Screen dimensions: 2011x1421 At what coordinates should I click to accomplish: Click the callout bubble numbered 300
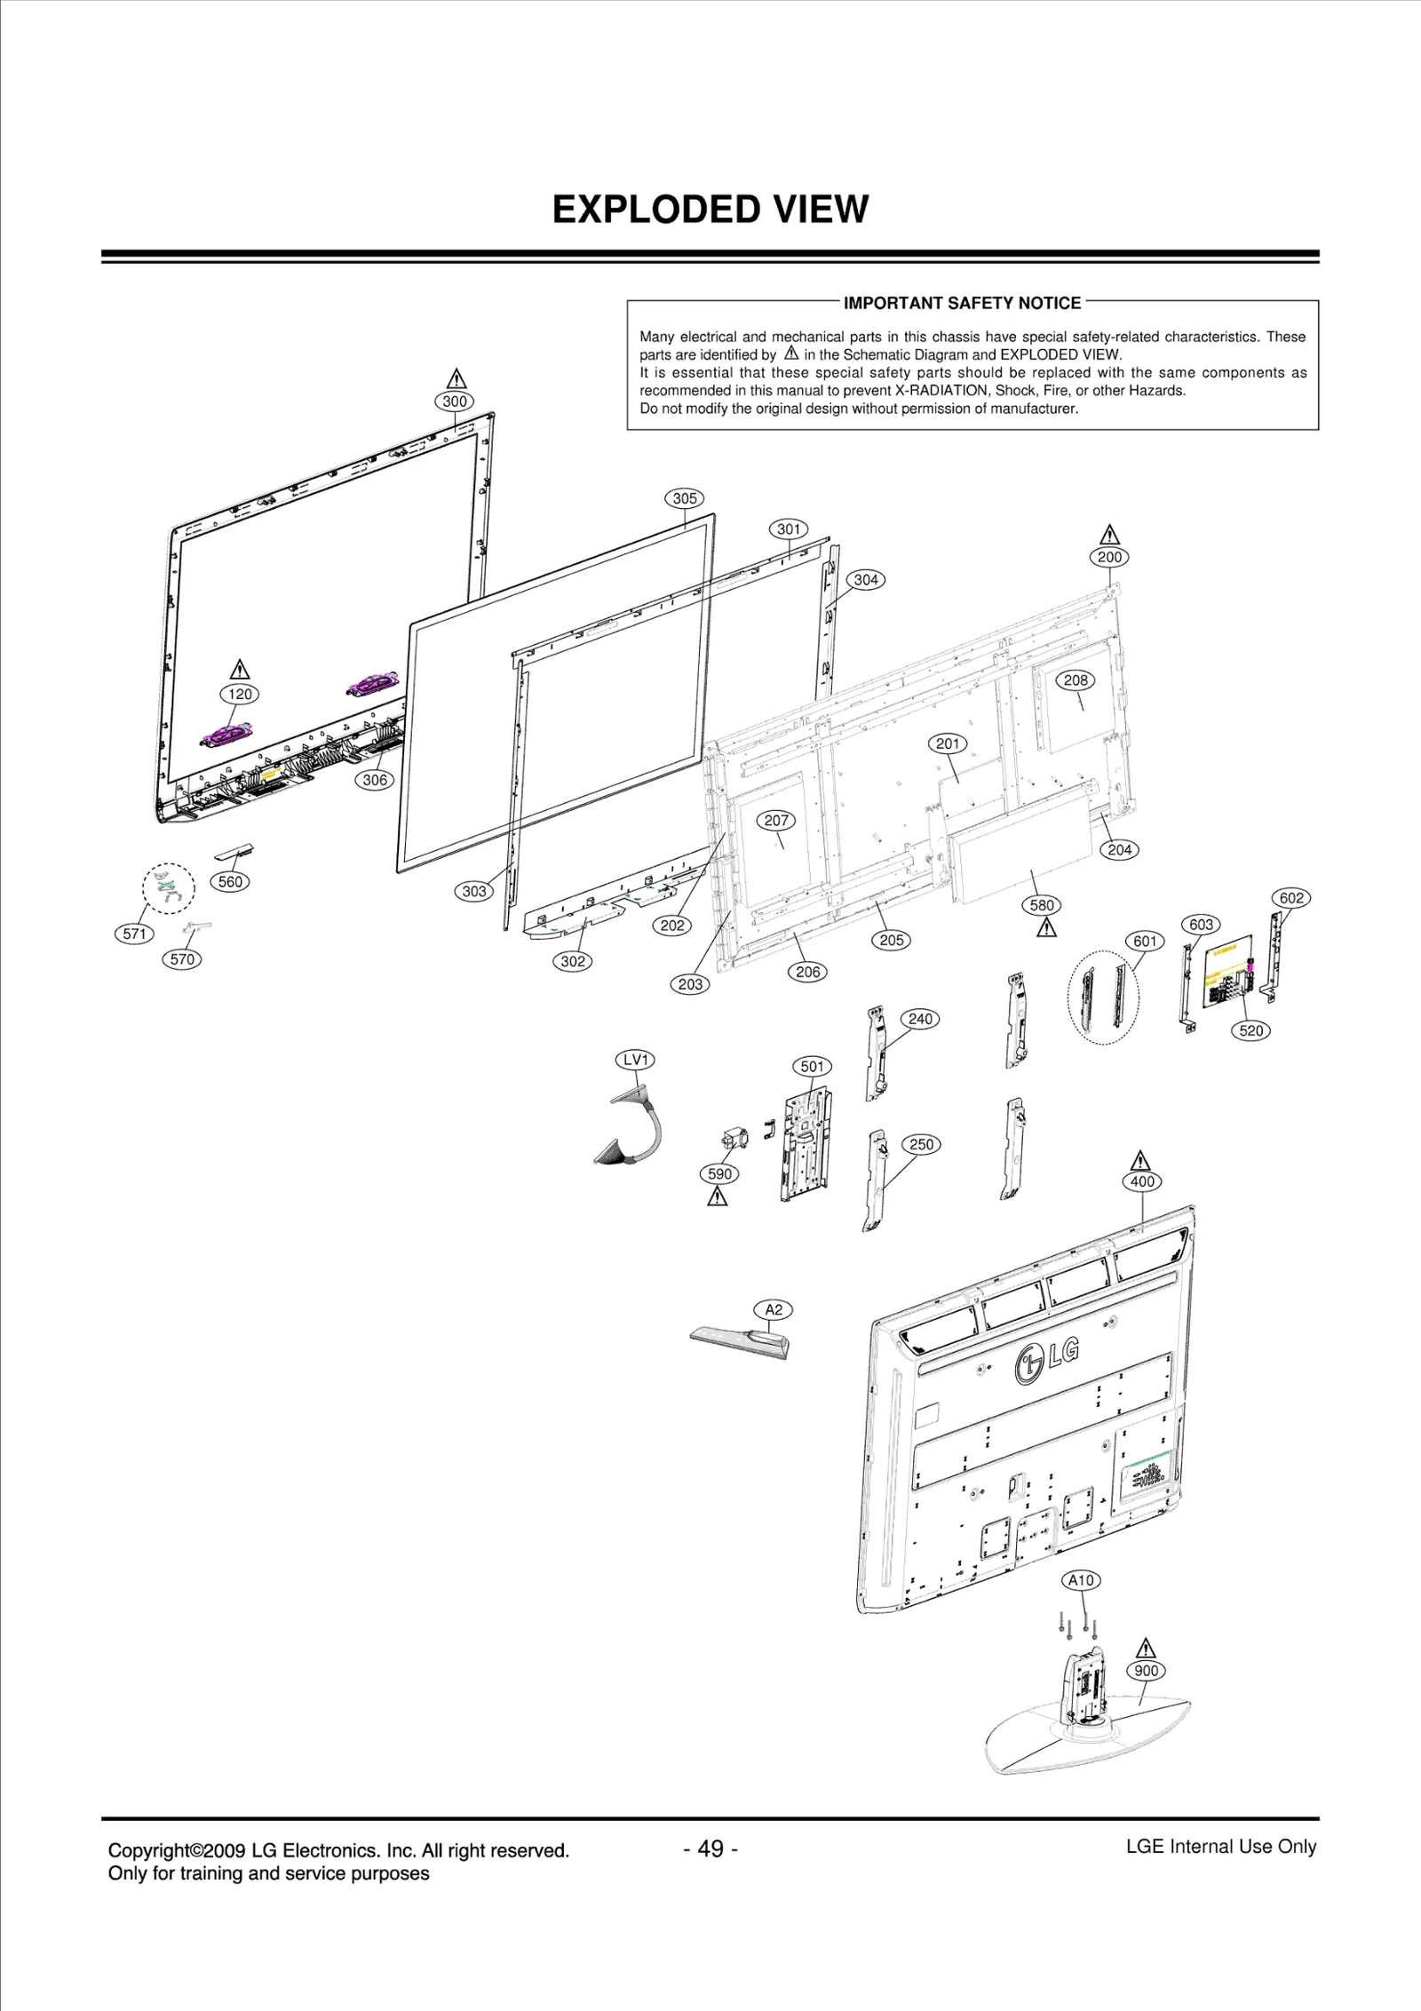[x=455, y=401]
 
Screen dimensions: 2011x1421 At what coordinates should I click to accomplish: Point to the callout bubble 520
[x=1250, y=1030]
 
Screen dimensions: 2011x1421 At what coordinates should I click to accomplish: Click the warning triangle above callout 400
[x=1141, y=1161]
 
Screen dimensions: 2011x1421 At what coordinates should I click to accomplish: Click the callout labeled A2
[x=774, y=1309]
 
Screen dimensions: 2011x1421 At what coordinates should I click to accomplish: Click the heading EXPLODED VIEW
[x=710, y=210]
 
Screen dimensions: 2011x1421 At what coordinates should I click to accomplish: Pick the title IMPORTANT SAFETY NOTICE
[x=962, y=303]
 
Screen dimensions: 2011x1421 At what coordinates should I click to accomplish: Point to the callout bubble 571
[x=135, y=934]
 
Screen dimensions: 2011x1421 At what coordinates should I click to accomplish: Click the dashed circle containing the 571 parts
[x=169, y=887]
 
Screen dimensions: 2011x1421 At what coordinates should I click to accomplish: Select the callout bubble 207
[x=776, y=821]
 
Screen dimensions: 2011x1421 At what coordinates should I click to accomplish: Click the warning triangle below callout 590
[x=718, y=1197]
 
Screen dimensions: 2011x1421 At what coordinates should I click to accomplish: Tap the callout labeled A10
[x=1081, y=1580]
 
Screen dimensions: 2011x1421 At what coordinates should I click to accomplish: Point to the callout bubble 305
[x=685, y=498]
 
